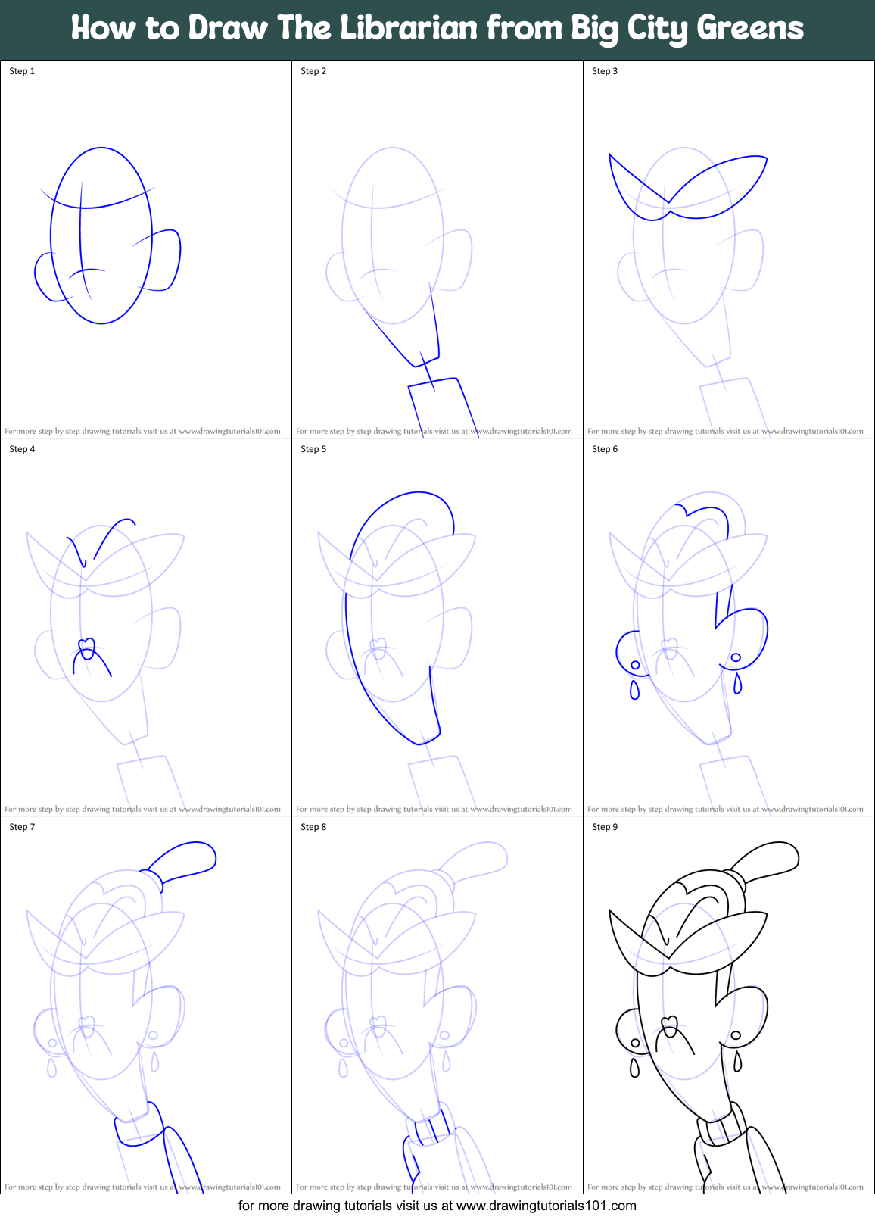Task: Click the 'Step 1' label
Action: pyautogui.click(x=22, y=71)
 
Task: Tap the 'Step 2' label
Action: pyautogui.click(x=313, y=71)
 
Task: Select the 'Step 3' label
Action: pyautogui.click(x=605, y=71)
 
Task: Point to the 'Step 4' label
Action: pyautogui.click(x=22, y=449)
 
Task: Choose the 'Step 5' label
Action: pyautogui.click(x=313, y=449)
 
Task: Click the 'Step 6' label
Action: pyautogui.click(x=605, y=449)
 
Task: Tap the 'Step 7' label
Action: pyautogui.click(x=22, y=827)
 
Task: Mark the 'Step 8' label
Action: pyautogui.click(x=313, y=827)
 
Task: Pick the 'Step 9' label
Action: pyautogui.click(x=605, y=827)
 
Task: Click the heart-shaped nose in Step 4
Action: pyautogui.click(x=87, y=648)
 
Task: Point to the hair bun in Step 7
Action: pyautogui.click(x=186, y=860)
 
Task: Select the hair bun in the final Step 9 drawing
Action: pyautogui.click(x=769, y=860)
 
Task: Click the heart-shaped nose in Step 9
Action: pyautogui.click(x=670, y=1025)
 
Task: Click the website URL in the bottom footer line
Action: pyautogui.click(x=546, y=1206)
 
